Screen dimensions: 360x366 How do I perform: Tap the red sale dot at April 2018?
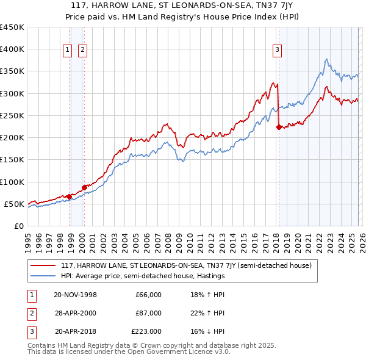(x=279, y=128)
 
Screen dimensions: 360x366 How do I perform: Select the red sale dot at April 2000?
(x=84, y=187)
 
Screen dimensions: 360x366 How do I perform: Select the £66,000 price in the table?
(x=148, y=295)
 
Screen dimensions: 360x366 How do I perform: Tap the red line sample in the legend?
(x=43, y=265)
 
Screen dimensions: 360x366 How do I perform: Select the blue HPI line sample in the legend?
(x=43, y=276)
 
